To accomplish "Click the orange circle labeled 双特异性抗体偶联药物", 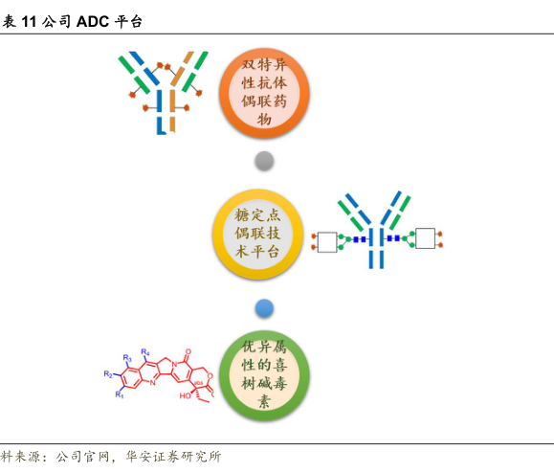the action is [x=264, y=93].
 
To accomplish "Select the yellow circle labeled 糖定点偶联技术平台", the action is [x=258, y=234].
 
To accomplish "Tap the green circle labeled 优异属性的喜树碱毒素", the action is [x=264, y=375].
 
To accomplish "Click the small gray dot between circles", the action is [x=264, y=161].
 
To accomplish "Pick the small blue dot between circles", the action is [x=264, y=308].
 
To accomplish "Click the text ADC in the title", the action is [x=93, y=22].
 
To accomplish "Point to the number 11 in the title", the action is [x=29, y=22].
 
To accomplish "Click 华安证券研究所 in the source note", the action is [x=173, y=457].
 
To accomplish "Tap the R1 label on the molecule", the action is [x=120, y=394].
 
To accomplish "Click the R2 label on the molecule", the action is [x=108, y=374].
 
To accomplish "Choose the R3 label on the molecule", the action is [x=127, y=358].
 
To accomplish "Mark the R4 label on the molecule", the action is [x=145, y=352].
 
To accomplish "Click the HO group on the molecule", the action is [x=185, y=395].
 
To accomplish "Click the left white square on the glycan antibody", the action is [x=327, y=242].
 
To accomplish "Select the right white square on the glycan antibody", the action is [x=425, y=238].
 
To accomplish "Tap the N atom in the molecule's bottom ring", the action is [x=152, y=382].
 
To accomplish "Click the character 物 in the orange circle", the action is [x=264, y=119].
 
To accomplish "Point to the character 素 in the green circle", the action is [x=264, y=402].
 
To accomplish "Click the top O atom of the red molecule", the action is [x=188, y=351].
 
